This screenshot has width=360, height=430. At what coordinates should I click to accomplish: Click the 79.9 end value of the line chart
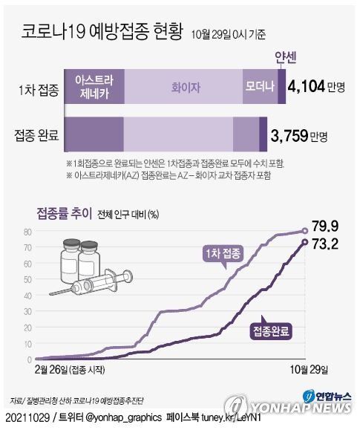coord(330,225)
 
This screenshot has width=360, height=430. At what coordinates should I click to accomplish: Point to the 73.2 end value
coord(330,242)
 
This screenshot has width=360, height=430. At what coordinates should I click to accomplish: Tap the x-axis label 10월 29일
coord(307,369)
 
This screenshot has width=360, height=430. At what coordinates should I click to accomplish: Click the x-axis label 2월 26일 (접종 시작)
coord(70,369)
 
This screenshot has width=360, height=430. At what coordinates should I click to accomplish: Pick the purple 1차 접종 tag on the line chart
coord(224,255)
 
